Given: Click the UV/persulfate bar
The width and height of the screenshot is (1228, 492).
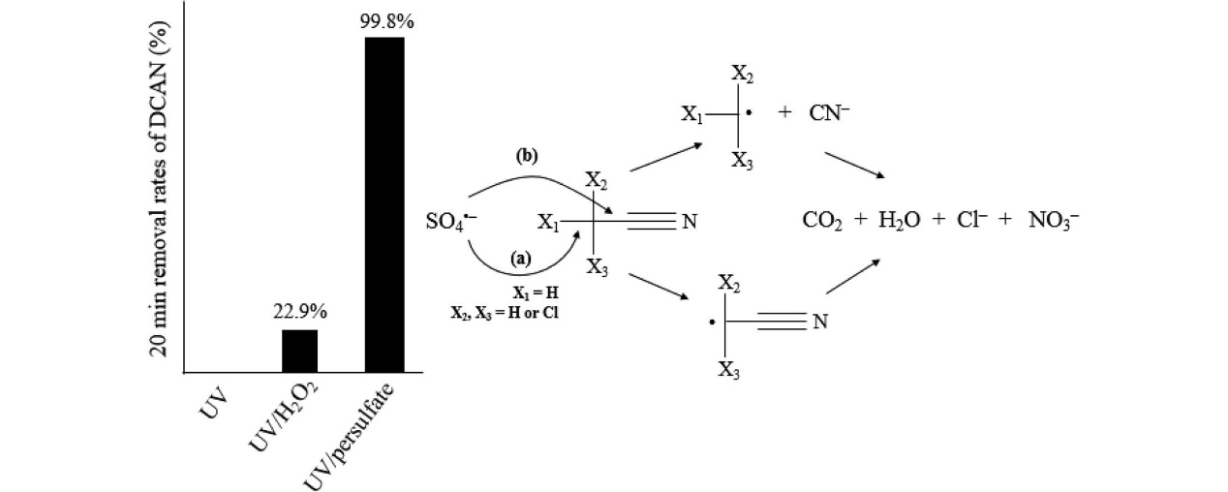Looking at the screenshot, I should point(384,203).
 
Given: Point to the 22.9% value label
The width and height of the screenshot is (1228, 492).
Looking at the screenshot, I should point(299,313).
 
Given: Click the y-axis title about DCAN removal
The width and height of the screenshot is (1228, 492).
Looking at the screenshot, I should point(166,180).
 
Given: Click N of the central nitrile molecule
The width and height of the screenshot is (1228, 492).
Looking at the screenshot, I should point(690,223).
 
